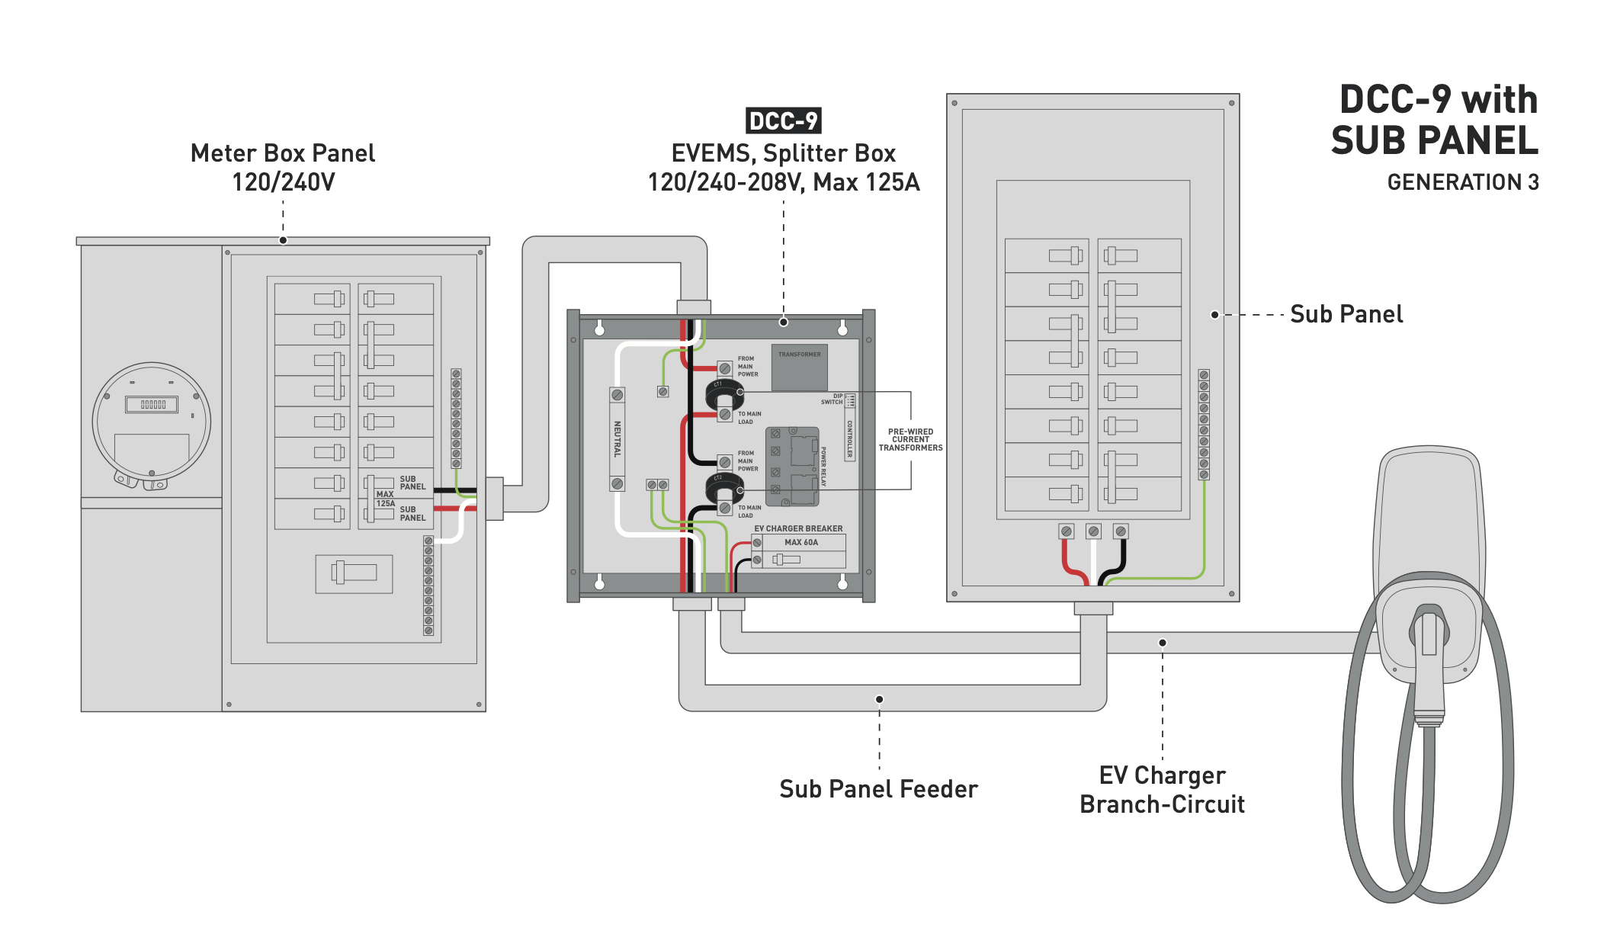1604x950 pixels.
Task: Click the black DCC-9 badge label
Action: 783,120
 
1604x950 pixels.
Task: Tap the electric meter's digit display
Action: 152,405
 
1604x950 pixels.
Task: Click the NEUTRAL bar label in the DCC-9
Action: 618,438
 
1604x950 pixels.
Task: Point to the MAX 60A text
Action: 800,543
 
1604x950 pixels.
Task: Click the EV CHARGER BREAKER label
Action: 798,528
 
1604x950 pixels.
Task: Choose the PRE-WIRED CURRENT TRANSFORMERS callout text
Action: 910,440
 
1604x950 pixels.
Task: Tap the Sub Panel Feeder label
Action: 878,789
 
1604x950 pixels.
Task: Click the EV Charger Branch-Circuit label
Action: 1162,790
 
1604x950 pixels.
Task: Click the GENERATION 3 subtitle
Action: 1462,183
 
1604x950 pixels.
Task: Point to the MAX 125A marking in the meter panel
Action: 385,499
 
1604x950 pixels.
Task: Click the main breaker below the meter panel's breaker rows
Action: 354,573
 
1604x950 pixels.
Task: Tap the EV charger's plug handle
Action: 1429,648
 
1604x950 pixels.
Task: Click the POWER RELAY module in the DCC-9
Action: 793,467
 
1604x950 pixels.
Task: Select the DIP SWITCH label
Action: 832,399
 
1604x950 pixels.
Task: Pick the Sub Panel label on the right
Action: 1346,314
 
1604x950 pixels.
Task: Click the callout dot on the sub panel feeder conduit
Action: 879,699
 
